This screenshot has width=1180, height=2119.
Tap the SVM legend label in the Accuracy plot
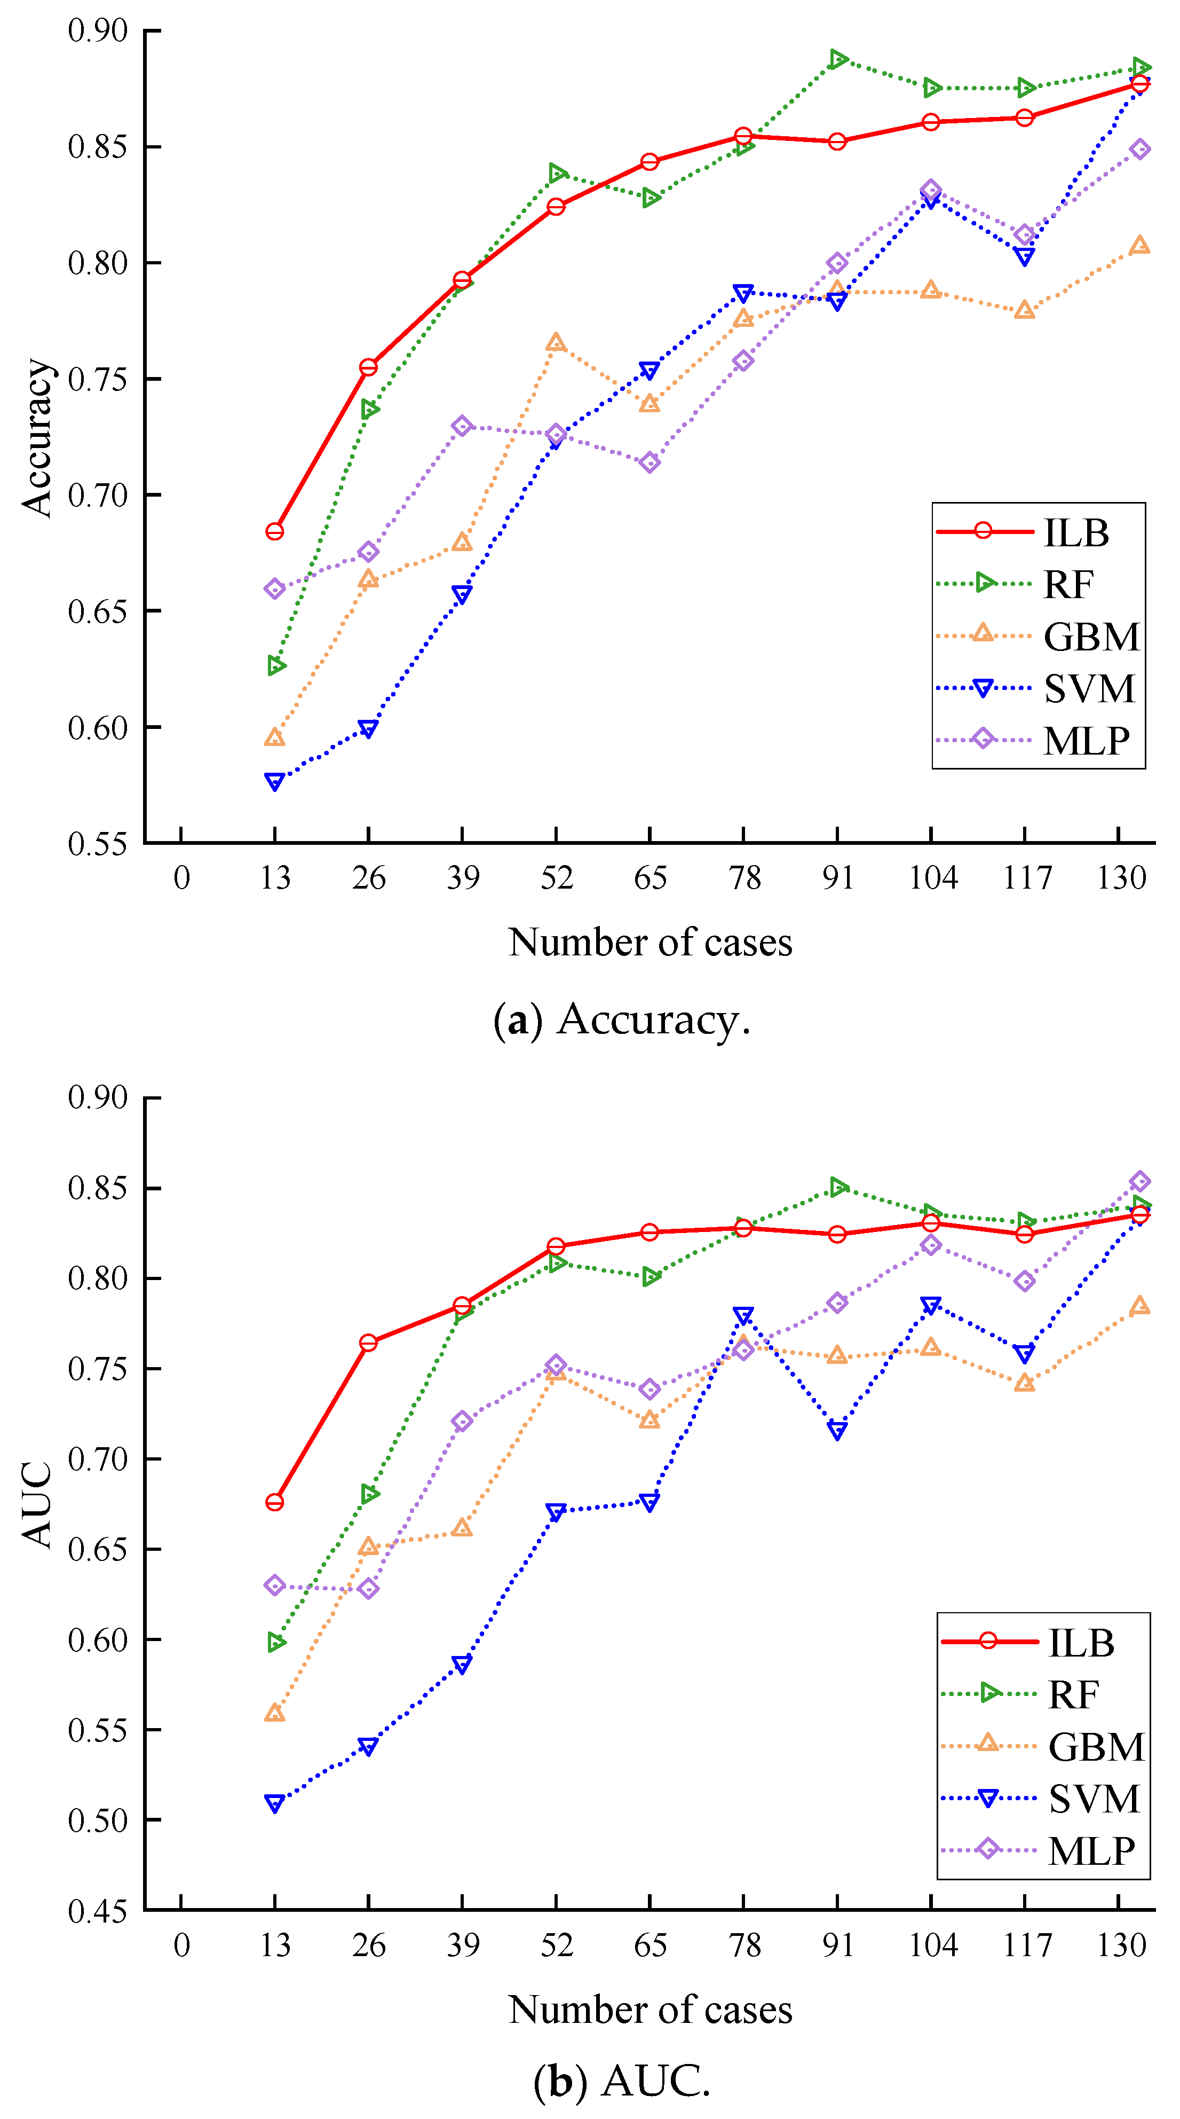[1089, 688]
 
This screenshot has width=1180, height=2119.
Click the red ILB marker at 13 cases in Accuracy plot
[275, 531]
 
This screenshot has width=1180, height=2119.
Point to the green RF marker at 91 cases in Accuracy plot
[837, 59]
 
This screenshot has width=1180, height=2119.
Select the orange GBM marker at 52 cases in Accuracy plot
[556, 342]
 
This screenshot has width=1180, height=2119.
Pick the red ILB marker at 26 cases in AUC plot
[368, 1343]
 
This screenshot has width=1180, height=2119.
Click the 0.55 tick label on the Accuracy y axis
[98, 844]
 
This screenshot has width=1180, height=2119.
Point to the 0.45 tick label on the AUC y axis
[98, 1911]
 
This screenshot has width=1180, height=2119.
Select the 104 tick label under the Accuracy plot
[932, 878]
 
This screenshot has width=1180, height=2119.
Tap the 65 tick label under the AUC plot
[650, 1945]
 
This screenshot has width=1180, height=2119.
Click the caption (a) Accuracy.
[622, 1020]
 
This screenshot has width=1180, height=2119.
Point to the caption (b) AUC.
[622, 2081]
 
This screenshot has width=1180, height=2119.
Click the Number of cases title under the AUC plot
[650, 2010]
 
